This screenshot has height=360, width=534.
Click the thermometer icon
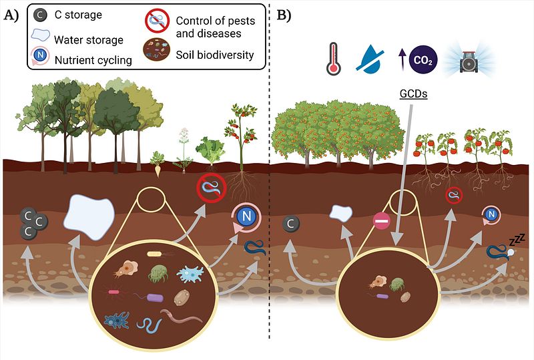point(333,59)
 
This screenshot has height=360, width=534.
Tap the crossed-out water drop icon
point(370,60)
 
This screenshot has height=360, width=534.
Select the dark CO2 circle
point(423,60)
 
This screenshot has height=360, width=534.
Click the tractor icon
point(469,61)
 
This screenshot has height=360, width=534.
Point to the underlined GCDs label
point(413,94)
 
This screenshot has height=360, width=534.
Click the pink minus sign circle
point(381,221)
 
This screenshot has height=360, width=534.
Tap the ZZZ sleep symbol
point(517,240)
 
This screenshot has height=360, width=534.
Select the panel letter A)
point(11,15)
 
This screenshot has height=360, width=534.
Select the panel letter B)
point(283,15)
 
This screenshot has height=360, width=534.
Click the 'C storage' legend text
point(78,15)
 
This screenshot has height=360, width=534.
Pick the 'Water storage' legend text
point(89,40)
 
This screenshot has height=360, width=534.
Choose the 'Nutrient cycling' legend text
point(93,60)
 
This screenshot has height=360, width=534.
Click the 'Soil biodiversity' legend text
point(214,55)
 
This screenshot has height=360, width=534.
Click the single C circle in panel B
point(291,224)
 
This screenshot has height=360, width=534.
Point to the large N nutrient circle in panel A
point(246,216)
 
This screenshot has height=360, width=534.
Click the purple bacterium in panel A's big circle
point(155,299)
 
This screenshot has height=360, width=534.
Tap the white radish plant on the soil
point(158,164)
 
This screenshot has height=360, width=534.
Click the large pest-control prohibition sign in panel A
point(212,188)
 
